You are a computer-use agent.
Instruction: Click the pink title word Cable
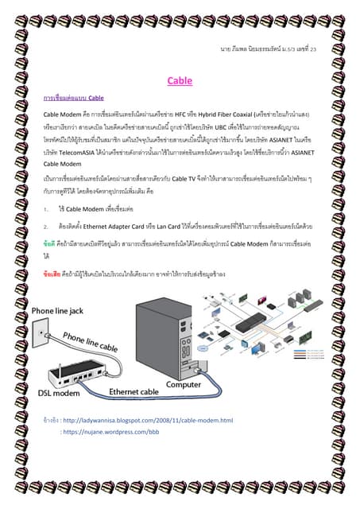click(x=179, y=80)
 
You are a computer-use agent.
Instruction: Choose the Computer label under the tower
click(x=184, y=384)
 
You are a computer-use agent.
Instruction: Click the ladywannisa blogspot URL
click(x=148, y=420)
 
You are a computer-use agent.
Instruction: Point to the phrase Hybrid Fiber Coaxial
click(x=230, y=115)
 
